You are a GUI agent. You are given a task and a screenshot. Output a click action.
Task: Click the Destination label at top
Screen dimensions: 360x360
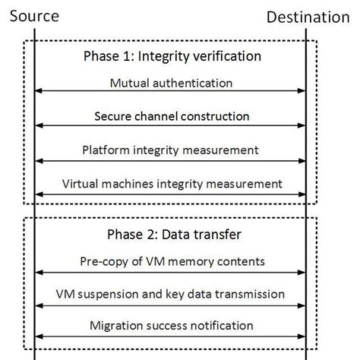point(312,16)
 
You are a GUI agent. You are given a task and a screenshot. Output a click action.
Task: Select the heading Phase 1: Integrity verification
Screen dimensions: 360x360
point(172,56)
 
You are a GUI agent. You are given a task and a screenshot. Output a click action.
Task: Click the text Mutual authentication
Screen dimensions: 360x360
point(171,83)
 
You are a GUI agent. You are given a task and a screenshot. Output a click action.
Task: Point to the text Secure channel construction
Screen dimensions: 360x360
point(172,117)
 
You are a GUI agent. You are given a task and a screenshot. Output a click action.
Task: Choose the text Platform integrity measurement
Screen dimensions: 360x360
point(172,150)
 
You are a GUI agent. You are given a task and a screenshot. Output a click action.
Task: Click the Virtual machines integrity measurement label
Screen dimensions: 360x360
point(172,183)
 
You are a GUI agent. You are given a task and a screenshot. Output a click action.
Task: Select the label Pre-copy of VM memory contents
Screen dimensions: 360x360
point(172,261)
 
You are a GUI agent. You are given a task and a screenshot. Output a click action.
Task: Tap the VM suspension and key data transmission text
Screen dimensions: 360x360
point(172,293)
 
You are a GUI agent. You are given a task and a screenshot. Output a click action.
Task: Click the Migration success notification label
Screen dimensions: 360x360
point(172,325)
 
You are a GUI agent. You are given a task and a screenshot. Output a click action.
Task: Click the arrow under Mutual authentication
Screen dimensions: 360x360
point(171,93)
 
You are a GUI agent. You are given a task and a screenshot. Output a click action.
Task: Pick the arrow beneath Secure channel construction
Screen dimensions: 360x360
point(171,127)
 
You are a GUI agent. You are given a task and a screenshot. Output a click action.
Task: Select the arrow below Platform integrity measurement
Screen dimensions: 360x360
point(171,160)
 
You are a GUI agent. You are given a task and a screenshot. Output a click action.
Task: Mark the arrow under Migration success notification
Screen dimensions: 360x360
point(171,336)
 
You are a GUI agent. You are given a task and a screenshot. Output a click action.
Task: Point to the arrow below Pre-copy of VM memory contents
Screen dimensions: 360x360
point(171,272)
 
